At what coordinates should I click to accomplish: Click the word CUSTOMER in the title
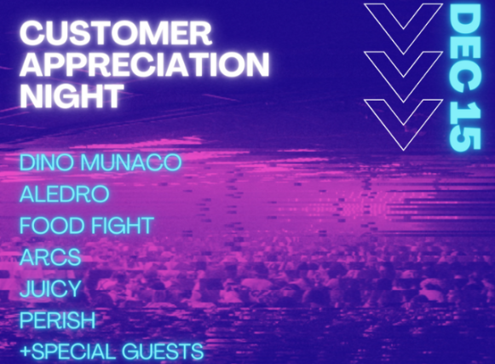[116, 33]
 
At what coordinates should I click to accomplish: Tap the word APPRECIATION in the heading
[145, 64]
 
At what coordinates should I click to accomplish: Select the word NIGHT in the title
[72, 95]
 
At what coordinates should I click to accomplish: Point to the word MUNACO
[131, 162]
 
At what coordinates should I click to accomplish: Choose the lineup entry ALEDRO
[65, 194]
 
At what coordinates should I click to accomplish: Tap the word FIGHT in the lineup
[123, 225]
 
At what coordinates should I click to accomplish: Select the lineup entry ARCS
[50, 257]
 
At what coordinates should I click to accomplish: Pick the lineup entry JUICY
[50, 288]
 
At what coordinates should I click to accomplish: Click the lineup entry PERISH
[57, 320]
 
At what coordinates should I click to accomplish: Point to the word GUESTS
[163, 352]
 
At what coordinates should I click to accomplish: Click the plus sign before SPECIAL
[26, 351]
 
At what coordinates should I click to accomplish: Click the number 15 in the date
[464, 125]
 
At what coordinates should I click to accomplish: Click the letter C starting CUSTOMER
[32, 33]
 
